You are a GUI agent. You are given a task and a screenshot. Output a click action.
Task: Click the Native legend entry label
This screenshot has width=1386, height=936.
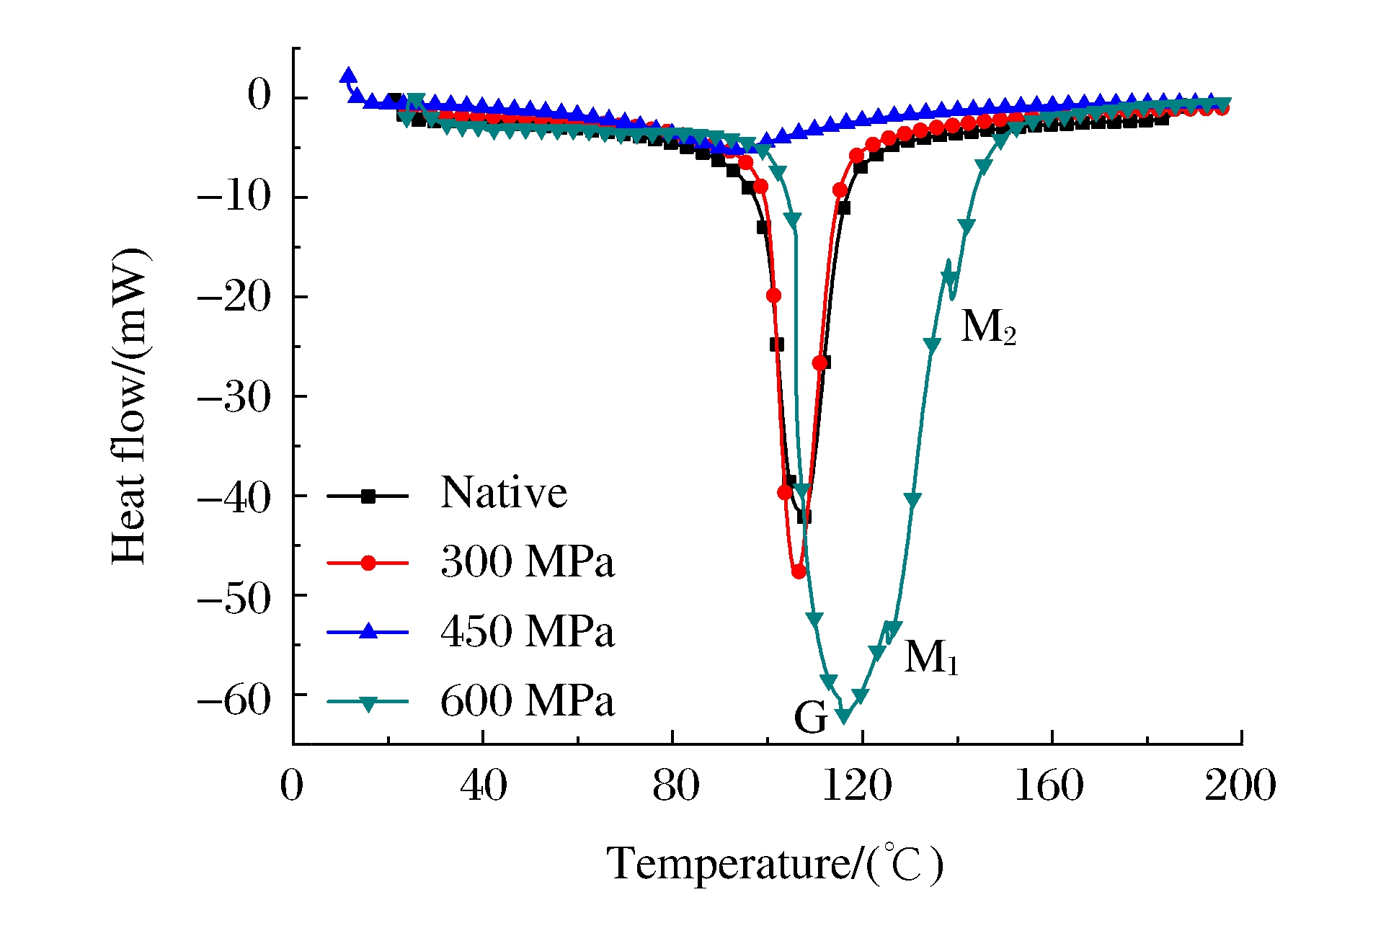[504, 494]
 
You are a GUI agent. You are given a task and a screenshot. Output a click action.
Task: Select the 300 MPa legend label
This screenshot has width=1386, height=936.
[527, 562]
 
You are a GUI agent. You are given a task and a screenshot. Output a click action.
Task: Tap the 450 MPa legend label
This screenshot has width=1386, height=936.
[527, 631]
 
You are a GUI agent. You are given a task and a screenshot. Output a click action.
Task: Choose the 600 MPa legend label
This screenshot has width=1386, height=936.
[527, 700]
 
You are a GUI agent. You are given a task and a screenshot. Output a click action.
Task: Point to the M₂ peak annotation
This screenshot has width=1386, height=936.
[988, 327]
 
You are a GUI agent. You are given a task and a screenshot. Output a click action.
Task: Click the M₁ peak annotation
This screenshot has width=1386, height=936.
[930, 657]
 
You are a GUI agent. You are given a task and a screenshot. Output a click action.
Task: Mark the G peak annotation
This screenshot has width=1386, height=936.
[810, 718]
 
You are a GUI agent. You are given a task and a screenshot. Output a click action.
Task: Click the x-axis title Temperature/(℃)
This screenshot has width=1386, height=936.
[775, 864]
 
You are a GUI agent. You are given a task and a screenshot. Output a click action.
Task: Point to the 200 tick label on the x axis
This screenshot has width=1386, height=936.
[1240, 785]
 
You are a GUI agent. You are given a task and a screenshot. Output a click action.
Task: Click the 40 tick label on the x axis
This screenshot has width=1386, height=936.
[483, 785]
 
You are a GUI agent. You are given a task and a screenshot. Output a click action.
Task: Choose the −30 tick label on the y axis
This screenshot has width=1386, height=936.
[234, 396]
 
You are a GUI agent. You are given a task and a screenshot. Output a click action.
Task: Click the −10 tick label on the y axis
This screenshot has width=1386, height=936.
[234, 196]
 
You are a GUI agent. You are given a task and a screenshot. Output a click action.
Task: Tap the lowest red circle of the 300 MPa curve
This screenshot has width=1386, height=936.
[799, 571]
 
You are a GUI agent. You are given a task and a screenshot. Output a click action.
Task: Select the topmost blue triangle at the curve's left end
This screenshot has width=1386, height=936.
[349, 75]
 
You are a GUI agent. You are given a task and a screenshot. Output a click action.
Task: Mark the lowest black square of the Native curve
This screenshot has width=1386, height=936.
[804, 517]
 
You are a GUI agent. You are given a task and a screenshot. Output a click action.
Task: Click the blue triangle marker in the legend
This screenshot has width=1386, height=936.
[368, 631]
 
